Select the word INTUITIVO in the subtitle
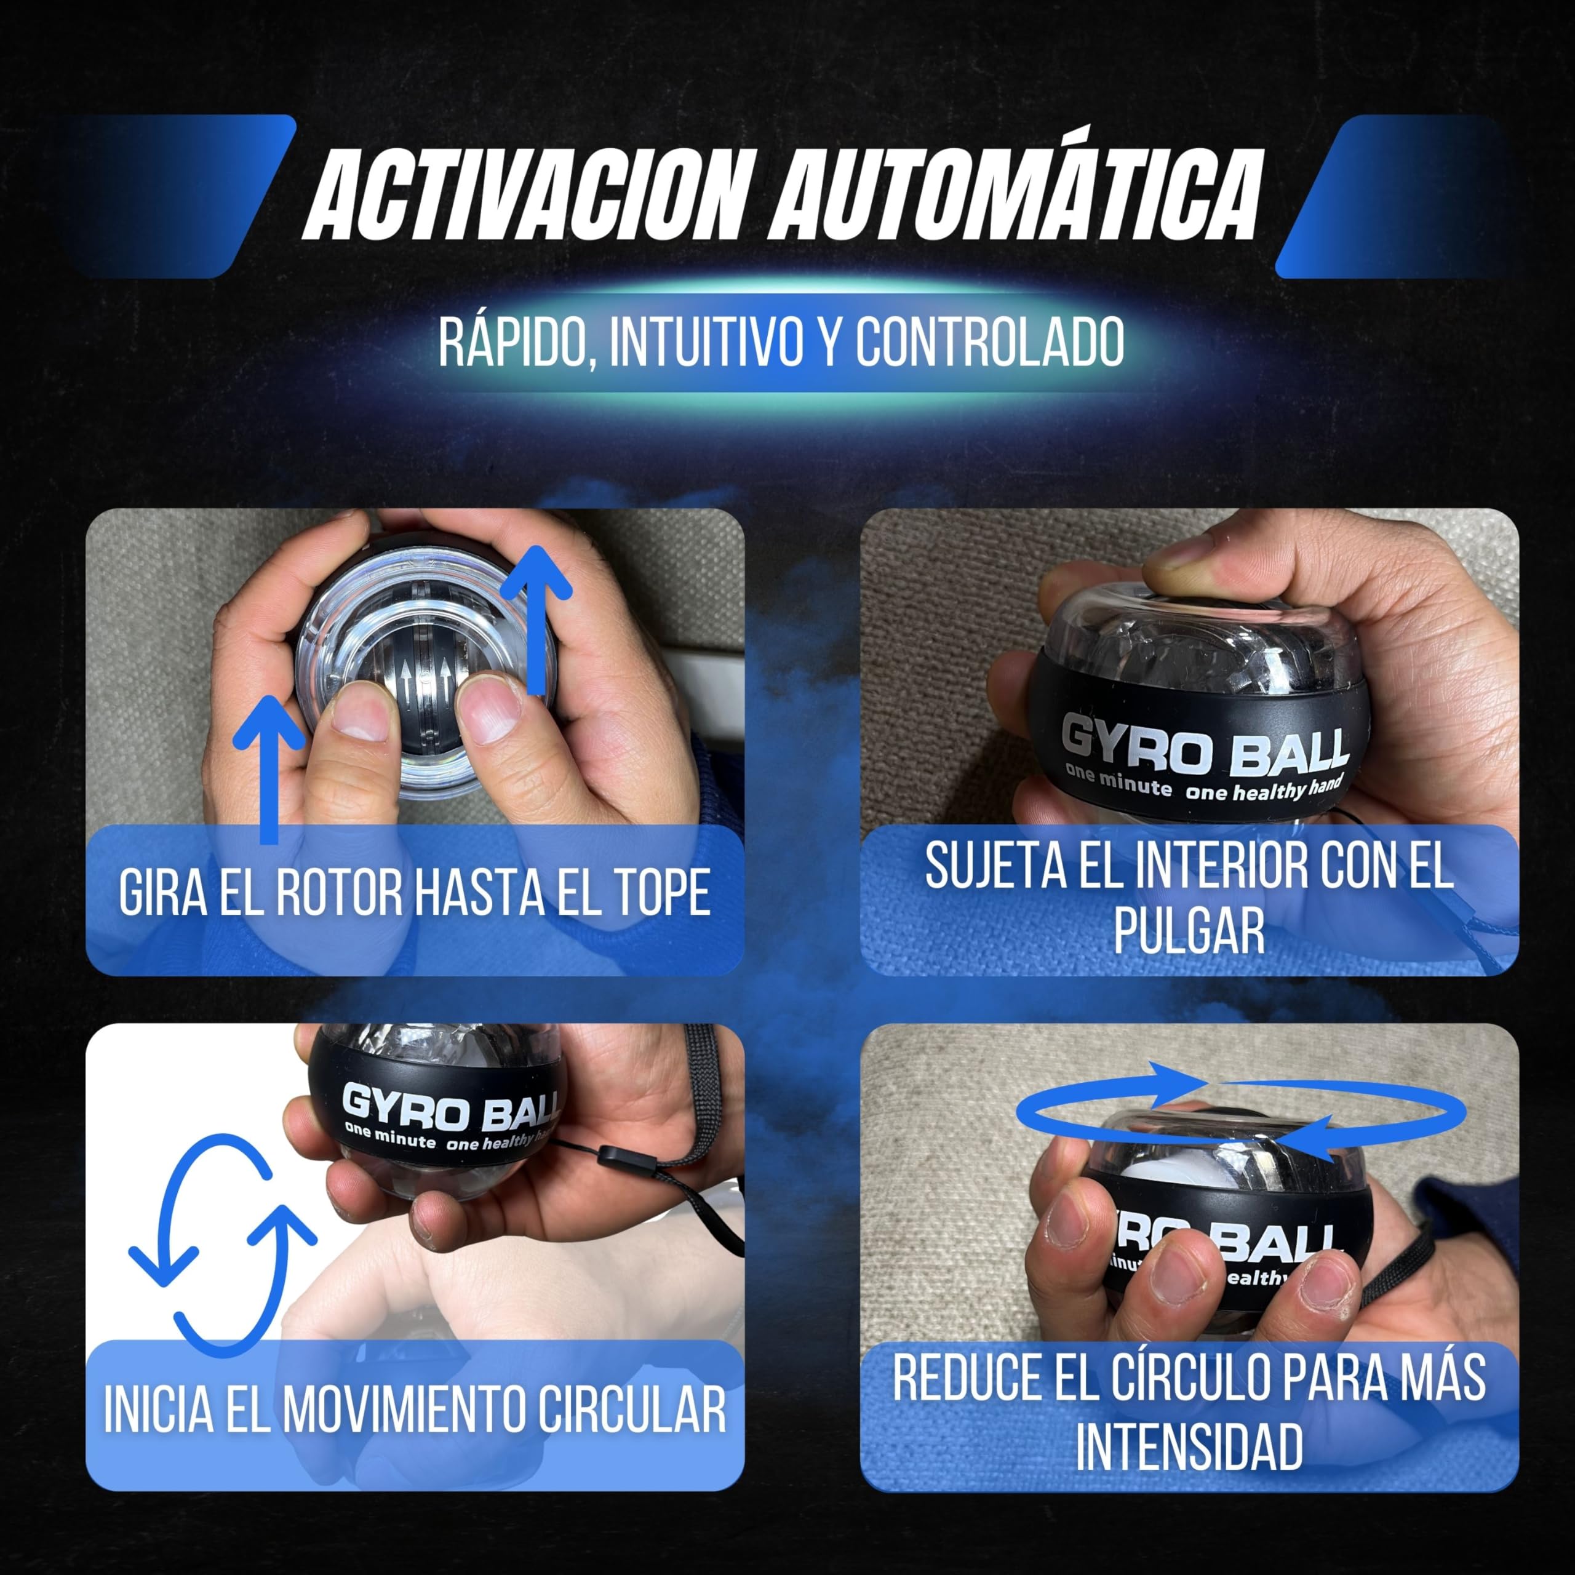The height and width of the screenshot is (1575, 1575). tap(706, 343)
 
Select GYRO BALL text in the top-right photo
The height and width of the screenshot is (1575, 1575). tap(1204, 746)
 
